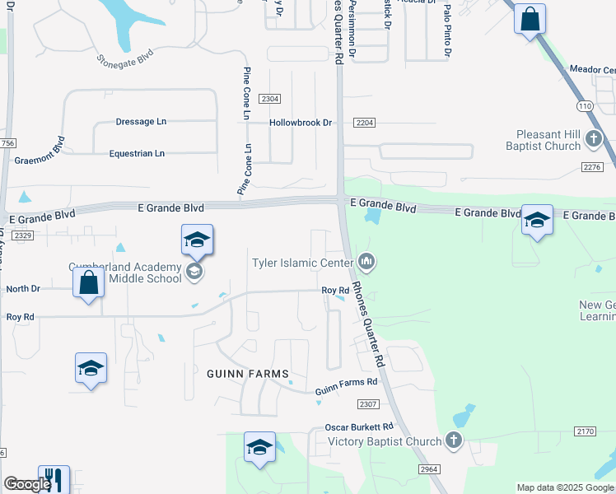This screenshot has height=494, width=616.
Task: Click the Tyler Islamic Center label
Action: (302, 263)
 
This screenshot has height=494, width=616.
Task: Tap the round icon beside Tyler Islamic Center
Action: (366, 263)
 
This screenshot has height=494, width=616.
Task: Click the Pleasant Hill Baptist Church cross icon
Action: (594, 142)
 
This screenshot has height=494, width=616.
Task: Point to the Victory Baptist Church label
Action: (385, 441)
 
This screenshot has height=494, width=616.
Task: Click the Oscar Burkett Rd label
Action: (358, 426)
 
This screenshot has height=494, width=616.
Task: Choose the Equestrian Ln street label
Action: (137, 153)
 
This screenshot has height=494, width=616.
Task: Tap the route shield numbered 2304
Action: (269, 99)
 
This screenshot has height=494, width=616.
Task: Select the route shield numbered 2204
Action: (365, 123)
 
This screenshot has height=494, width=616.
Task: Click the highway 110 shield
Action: (585, 106)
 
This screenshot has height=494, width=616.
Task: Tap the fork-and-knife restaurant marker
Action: (54, 478)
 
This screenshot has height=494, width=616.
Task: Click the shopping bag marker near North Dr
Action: (88, 282)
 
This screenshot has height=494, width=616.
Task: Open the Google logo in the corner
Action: (26, 485)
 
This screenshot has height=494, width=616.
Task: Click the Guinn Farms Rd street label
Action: (346, 382)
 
